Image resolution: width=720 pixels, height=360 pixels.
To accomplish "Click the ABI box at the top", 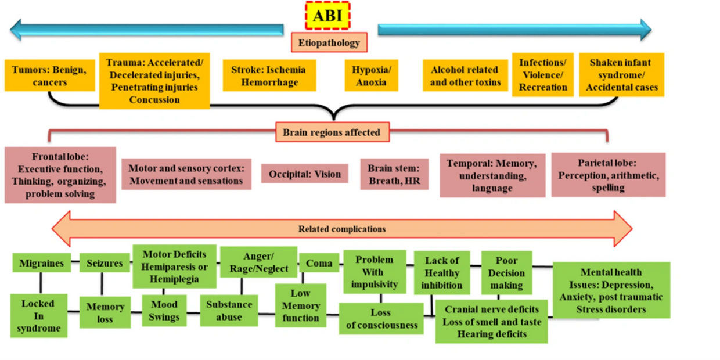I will [x=327, y=16].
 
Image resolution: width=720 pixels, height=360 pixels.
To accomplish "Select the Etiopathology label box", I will [x=329, y=42].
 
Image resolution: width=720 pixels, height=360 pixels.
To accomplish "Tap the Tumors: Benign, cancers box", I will [x=49, y=75].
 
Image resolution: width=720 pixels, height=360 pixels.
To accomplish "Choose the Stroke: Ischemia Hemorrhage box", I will [x=269, y=75].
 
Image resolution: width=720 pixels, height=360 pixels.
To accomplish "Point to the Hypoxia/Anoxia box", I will [x=371, y=75].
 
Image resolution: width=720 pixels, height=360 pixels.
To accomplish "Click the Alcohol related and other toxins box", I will [x=465, y=75].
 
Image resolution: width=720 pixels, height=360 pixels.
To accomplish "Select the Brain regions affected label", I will [x=332, y=132].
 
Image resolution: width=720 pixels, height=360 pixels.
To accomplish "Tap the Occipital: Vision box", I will [x=305, y=174].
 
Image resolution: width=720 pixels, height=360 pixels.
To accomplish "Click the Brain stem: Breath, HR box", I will [x=394, y=174].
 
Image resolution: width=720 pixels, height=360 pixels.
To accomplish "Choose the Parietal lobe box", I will [x=607, y=175].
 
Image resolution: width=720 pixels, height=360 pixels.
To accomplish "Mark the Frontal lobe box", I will [x=60, y=175].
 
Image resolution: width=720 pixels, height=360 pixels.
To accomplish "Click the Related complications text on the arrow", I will [x=342, y=229].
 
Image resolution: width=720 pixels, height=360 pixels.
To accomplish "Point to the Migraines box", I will [x=41, y=263].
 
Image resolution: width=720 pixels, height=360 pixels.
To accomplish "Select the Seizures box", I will [x=105, y=263].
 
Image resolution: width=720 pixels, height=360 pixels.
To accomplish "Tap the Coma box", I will [x=319, y=263].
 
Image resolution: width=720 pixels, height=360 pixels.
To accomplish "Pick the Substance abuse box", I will [x=230, y=311].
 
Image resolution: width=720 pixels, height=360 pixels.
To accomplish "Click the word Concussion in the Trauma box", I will [x=154, y=100].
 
